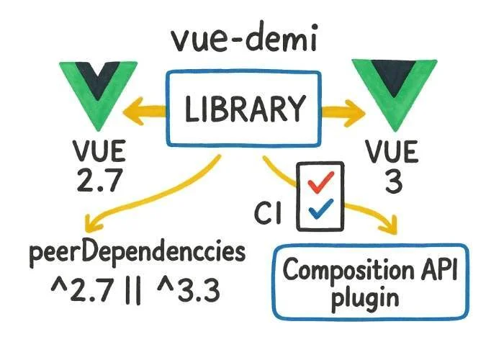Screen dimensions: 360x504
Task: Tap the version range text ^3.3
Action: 188,292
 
